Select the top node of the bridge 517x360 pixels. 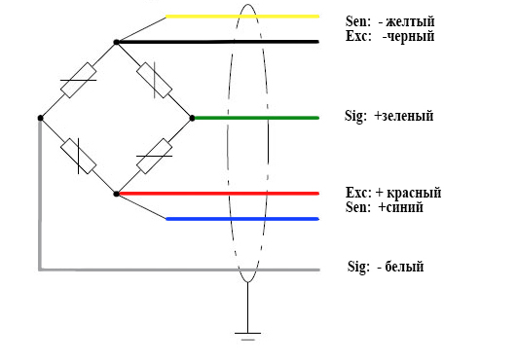[x=116, y=42]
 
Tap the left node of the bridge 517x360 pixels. [x=40, y=118]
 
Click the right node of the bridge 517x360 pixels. [x=192, y=118]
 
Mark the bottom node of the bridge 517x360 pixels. [x=116, y=194]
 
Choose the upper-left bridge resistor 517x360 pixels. [x=78, y=80]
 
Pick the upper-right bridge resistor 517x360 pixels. [x=154, y=80]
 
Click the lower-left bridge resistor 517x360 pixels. [x=78, y=156]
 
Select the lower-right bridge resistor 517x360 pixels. [x=154, y=156]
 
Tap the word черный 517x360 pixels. [x=409, y=36]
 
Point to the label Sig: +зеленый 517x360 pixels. [x=389, y=116]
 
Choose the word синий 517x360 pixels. [x=406, y=207]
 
